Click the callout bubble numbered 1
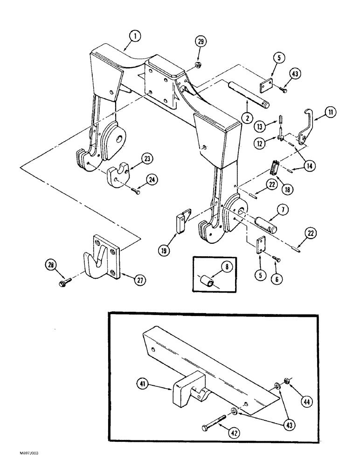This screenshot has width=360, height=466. (134, 35)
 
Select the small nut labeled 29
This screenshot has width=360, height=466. (198, 64)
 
